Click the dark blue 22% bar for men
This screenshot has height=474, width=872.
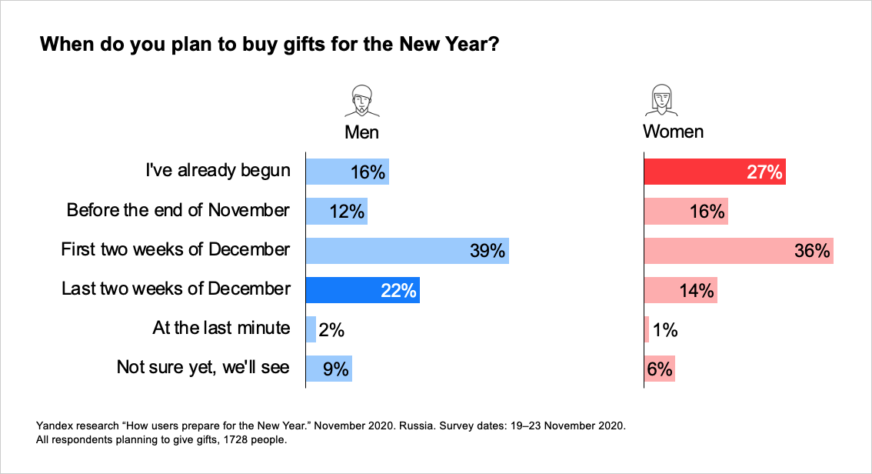click(362, 290)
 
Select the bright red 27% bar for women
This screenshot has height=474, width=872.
click(714, 172)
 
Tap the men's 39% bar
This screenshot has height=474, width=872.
click(407, 251)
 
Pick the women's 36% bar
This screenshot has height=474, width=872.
click(738, 251)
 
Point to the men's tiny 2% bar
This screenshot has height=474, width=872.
click(311, 329)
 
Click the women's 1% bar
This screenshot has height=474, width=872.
click(646, 329)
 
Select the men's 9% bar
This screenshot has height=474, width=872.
click(328, 369)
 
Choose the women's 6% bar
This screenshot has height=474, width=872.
click(659, 369)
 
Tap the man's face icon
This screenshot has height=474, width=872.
click(361, 100)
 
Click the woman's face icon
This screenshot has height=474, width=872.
click(661, 100)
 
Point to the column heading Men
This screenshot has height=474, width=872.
click(361, 132)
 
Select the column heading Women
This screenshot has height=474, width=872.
click(673, 132)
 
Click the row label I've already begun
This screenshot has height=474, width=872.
click(218, 171)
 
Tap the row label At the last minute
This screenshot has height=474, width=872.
click(221, 329)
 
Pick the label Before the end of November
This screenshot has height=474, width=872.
click(178, 210)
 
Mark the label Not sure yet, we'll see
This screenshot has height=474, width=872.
click(203, 367)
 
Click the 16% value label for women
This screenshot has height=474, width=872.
click(707, 212)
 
